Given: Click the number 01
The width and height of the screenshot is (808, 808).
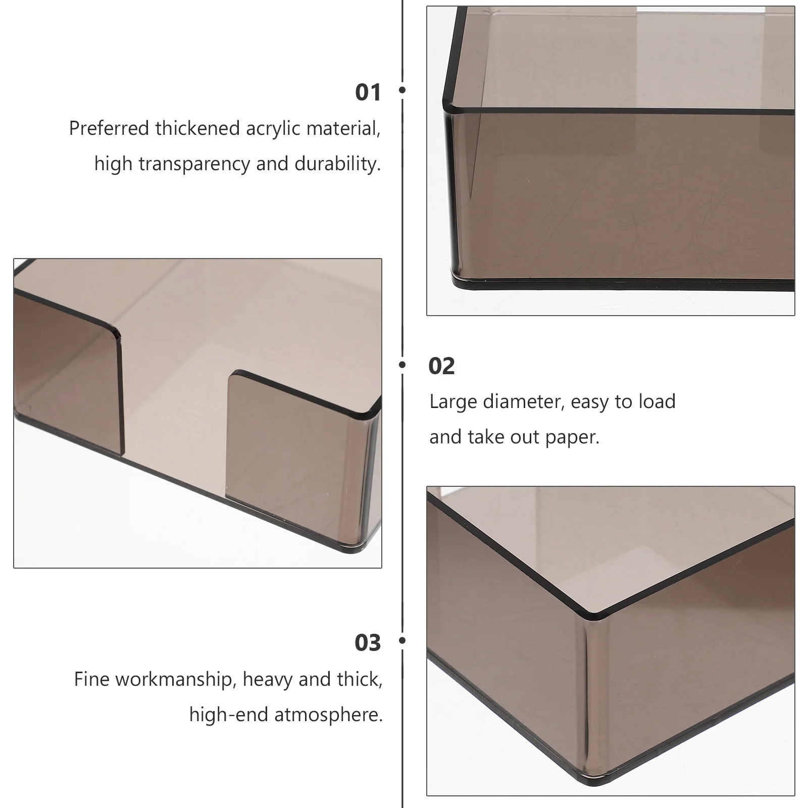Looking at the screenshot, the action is click(368, 92).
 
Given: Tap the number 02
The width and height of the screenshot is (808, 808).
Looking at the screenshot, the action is click(441, 366).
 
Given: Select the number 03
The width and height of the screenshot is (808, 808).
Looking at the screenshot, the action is click(368, 643).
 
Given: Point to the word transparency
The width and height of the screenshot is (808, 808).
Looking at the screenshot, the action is click(194, 165).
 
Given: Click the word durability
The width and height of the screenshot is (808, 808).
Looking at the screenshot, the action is click(338, 164).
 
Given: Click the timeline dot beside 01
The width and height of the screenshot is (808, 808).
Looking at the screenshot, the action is click(402, 90).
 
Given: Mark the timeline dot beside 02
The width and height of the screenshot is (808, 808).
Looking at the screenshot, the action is click(402, 364).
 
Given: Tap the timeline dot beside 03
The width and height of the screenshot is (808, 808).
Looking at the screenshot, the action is click(402, 640).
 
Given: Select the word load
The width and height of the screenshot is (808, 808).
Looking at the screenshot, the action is click(657, 402).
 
